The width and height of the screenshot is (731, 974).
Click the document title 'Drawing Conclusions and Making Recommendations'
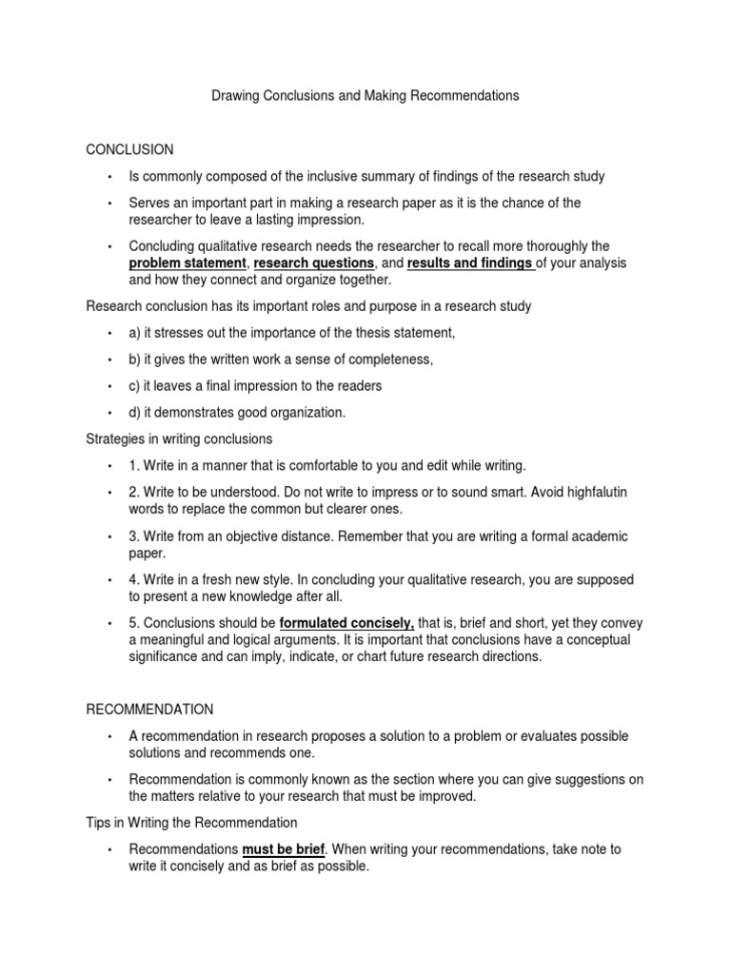(x=365, y=96)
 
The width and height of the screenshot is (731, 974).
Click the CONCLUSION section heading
(x=129, y=149)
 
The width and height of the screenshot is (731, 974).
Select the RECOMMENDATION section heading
(x=149, y=710)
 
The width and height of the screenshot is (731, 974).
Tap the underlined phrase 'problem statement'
(x=188, y=263)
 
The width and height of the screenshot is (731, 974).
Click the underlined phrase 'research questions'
(x=314, y=263)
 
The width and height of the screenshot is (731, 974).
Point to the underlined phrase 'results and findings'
(x=470, y=263)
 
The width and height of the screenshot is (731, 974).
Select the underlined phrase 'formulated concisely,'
(x=346, y=623)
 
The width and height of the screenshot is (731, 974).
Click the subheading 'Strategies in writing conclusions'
(x=179, y=438)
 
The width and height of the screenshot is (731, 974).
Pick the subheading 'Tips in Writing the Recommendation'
(x=191, y=822)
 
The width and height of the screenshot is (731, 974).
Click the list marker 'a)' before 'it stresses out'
(x=135, y=332)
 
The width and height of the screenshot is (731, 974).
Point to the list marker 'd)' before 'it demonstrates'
(x=135, y=412)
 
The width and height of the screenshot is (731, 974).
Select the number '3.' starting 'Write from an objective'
(x=135, y=536)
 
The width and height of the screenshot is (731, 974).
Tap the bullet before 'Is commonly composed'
(x=110, y=177)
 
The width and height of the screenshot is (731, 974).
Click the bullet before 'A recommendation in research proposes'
(x=110, y=737)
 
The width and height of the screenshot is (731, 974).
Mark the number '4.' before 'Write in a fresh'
(x=135, y=579)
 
